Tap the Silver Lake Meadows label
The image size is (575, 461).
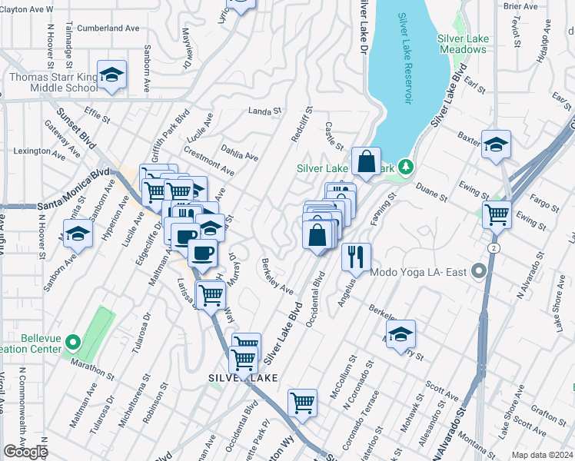click(x=462, y=43)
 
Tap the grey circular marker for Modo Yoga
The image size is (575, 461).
click(x=480, y=271)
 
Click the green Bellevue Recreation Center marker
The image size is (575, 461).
click(x=73, y=342)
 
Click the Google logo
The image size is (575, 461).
click(x=25, y=452)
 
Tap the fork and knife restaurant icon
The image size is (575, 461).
click(x=355, y=256)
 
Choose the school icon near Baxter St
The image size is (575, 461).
click(x=496, y=144)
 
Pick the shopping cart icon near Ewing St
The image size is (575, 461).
click(x=497, y=214)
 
